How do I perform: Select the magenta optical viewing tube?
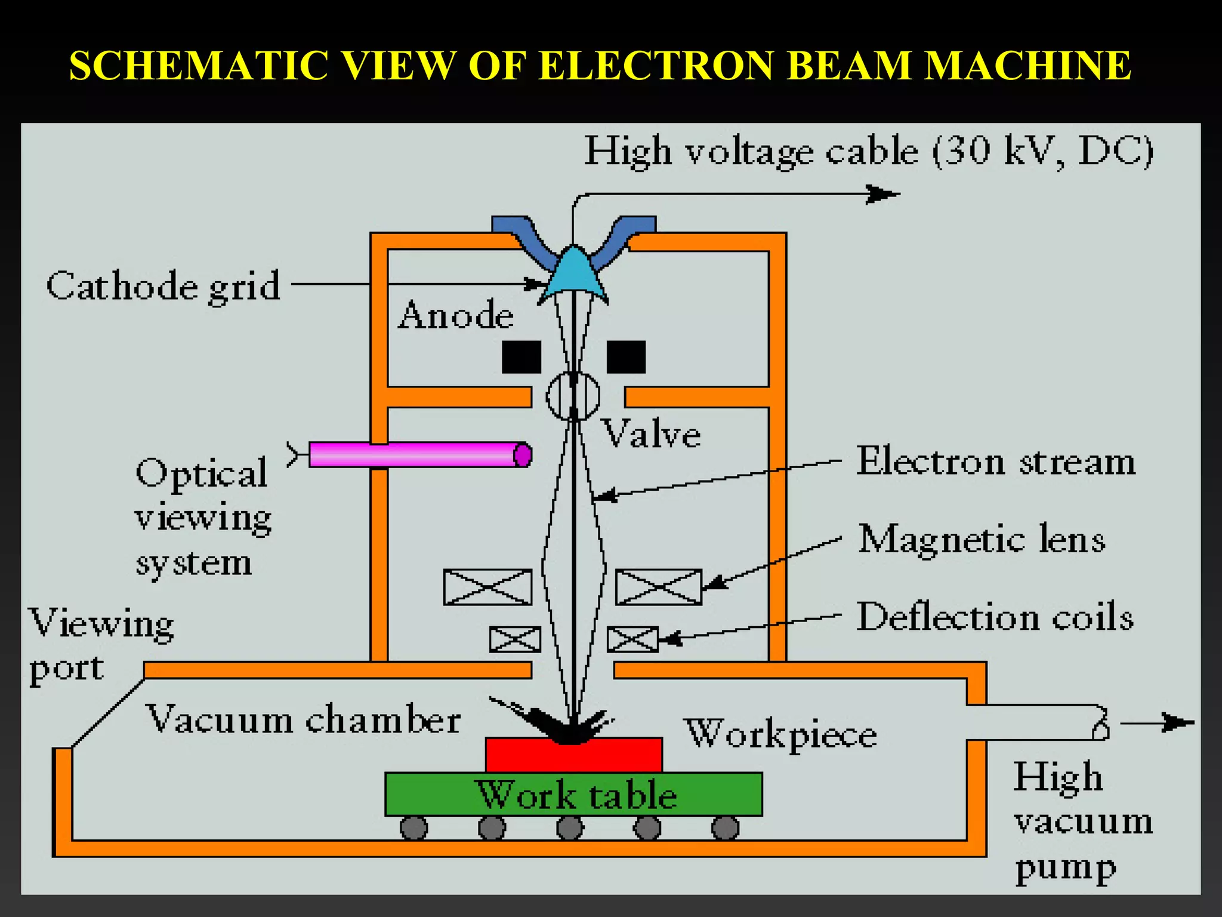(x=418, y=455)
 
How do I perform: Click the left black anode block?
(x=521, y=357)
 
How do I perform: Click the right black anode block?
(x=626, y=357)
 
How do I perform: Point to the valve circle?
(x=573, y=396)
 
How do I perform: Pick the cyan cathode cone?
(x=573, y=272)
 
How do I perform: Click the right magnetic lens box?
(x=659, y=587)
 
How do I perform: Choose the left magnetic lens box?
(x=487, y=587)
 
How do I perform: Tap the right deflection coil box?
(x=632, y=639)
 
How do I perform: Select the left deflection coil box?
(x=515, y=639)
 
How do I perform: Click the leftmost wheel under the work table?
(x=413, y=829)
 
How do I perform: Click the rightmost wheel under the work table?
(x=726, y=829)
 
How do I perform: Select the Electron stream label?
(x=996, y=462)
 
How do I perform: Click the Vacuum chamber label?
(x=303, y=719)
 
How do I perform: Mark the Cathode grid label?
(x=163, y=286)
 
